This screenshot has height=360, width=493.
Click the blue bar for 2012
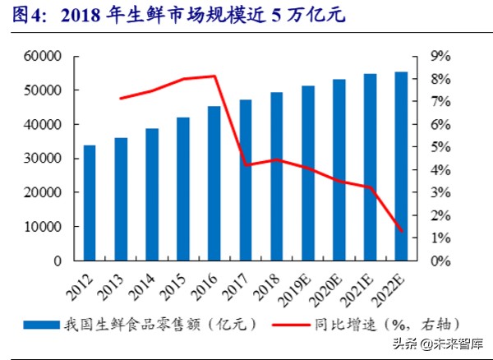(x=90, y=203)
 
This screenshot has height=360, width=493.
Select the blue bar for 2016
(x=214, y=183)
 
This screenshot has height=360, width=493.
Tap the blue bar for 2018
(x=276, y=177)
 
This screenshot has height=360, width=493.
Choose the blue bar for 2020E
(x=339, y=170)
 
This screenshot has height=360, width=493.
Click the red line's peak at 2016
(x=214, y=76)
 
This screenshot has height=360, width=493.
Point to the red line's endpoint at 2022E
(x=401, y=231)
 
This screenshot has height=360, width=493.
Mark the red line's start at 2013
(x=121, y=99)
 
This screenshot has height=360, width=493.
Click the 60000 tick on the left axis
(x=45, y=56)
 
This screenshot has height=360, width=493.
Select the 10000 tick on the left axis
(x=45, y=227)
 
